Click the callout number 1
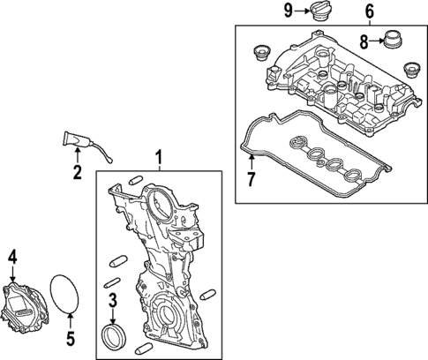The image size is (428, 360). pos(159,159)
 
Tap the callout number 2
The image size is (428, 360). pos(77,172)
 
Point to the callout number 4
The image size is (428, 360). pos(12,258)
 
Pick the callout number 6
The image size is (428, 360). pos(369,11)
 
